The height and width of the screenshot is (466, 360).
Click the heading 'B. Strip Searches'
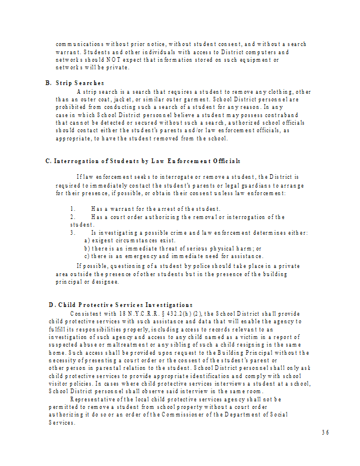pos(75,83)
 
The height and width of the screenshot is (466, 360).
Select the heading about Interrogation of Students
pos(143,161)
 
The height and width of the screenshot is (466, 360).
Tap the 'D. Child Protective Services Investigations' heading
pos(121,305)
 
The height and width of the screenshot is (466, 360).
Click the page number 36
pos(325,432)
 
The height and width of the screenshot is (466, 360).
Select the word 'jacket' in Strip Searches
pos(135,99)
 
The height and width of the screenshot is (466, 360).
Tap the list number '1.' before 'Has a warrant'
pos(73,209)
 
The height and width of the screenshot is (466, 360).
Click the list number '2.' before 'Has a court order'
pos(73,217)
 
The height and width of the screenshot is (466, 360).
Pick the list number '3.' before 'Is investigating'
pos(73,233)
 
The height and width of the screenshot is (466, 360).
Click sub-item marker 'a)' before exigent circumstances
pos(87,241)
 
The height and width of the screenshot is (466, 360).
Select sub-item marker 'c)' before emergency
pos(87,256)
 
